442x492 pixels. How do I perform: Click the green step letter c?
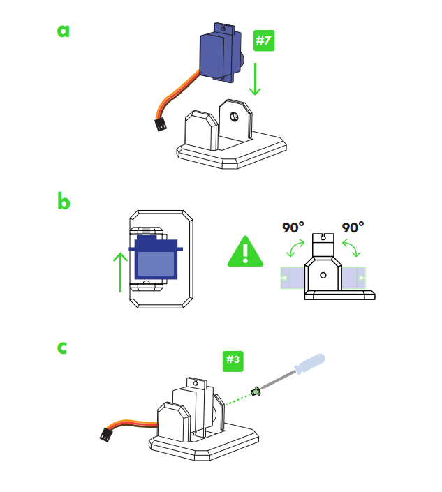[x=63, y=347]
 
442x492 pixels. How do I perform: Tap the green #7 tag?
[x=263, y=40]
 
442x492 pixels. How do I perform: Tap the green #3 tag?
[x=233, y=360]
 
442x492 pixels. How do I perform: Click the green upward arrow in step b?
[x=120, y=272]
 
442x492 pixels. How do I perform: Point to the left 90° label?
[x=293, y=228]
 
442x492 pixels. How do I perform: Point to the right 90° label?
[x=353, y=228]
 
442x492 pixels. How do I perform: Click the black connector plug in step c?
[x=106, y=435]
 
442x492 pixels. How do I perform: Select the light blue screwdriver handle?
[x=308, y=364]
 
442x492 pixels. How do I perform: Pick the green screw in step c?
[x=256, y=392]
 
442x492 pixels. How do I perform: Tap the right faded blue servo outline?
[x=353, y=277]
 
